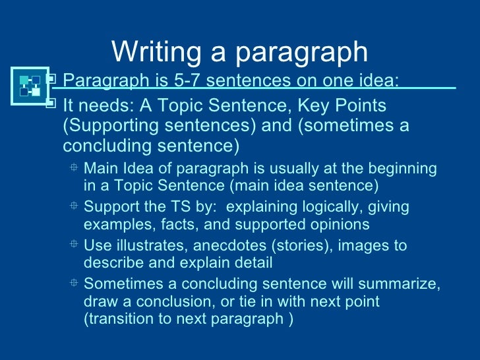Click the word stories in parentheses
point(284,246)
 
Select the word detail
point(251,262)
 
